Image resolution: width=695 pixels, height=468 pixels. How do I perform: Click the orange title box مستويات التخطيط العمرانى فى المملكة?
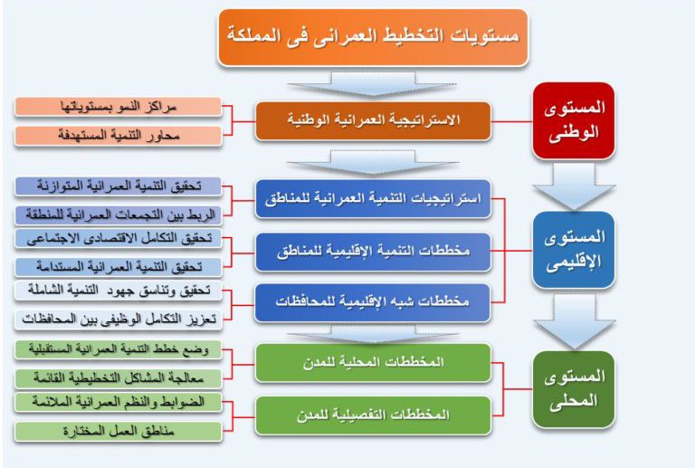(372, 37)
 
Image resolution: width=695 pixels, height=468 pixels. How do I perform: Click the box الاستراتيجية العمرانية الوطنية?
(372, 120)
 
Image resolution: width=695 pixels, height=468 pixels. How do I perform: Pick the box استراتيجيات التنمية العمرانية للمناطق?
(372, 198)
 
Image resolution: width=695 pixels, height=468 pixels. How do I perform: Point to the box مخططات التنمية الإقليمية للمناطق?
(372, 251)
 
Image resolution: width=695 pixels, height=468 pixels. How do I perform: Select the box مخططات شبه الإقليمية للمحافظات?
(372, 302)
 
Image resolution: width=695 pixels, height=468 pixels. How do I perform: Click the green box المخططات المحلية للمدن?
(372, 362)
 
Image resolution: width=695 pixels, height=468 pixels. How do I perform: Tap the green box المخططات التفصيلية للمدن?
(372, 414)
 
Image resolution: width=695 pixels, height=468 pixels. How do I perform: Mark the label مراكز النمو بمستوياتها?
(119, 108)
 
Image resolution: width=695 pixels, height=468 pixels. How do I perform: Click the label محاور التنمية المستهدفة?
(119, 135)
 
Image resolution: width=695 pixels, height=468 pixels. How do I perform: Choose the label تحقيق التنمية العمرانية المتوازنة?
(119, 187)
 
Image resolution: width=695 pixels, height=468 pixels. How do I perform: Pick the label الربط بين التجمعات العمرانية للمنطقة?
(119, 215)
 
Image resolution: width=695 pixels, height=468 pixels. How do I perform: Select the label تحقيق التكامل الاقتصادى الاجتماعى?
(119, 240)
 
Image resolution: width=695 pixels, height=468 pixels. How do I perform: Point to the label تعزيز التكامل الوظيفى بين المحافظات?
(119, 319)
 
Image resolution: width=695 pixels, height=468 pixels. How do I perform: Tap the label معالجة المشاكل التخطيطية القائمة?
(119, 377)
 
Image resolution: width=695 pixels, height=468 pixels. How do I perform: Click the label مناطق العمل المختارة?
(119, 431)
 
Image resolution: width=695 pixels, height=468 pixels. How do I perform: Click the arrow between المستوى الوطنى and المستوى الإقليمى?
(573, 187)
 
